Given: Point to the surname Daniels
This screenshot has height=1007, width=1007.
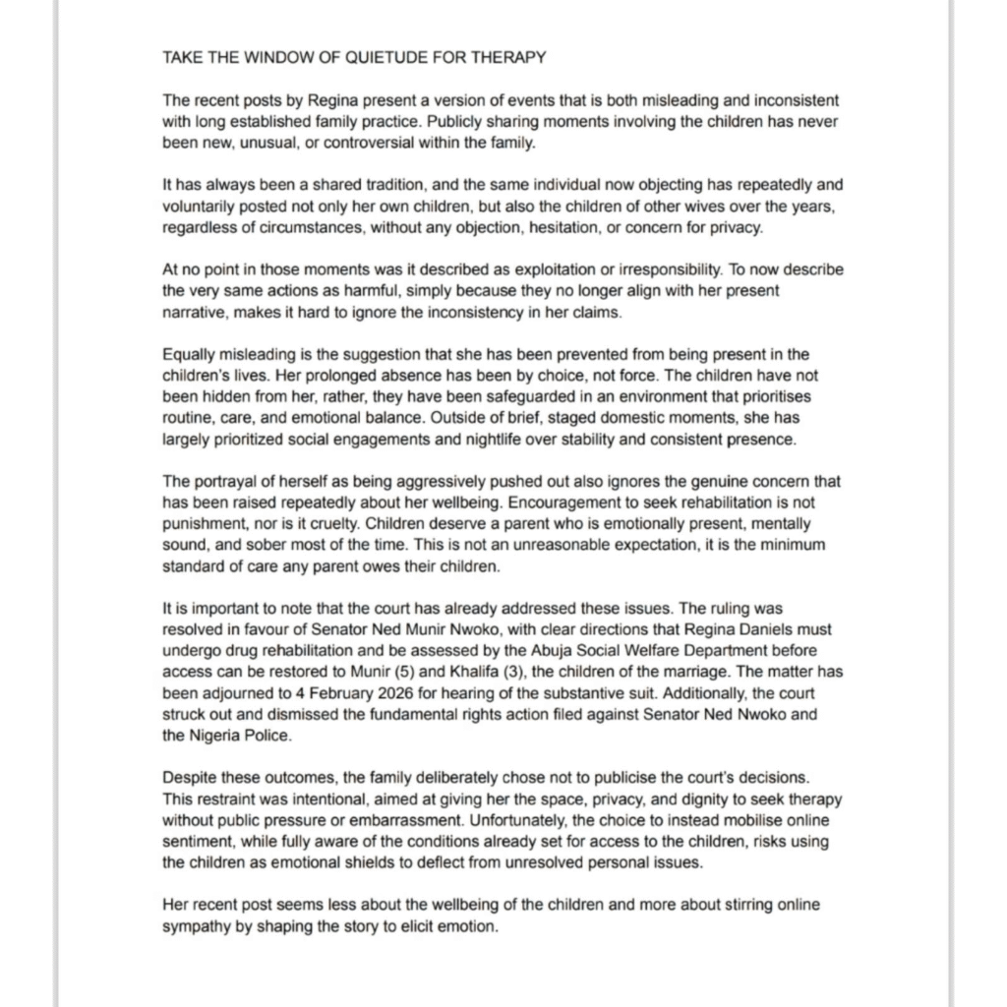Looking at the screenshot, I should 719,629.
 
